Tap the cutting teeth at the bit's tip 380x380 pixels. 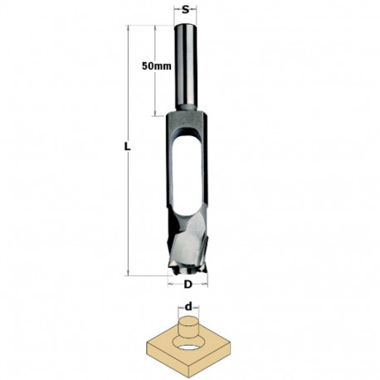(188, 264)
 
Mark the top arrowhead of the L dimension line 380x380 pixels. (130, 28)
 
